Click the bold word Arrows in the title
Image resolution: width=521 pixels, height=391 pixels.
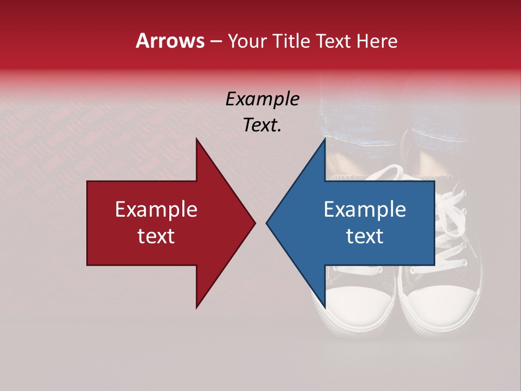[x=170, y=41]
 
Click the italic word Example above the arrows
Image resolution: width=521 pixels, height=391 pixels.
[x=262, y=99]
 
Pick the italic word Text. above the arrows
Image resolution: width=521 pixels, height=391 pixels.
[x=262, y=125]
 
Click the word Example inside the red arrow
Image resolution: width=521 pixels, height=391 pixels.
[x=156, y=210]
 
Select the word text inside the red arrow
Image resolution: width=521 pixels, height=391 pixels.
[x=156, y=236]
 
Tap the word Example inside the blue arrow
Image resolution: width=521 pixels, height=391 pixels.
[x=365, y=210]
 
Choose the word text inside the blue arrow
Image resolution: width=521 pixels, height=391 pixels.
[x=365, y=236]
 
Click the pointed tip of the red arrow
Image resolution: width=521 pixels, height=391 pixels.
[x=255, y=223]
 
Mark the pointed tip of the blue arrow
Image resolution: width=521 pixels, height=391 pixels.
[x=266, y=223]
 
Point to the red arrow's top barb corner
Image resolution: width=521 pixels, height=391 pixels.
[x=196, y=138]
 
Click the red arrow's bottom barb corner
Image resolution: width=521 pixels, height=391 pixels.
[x=196, y=308]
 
